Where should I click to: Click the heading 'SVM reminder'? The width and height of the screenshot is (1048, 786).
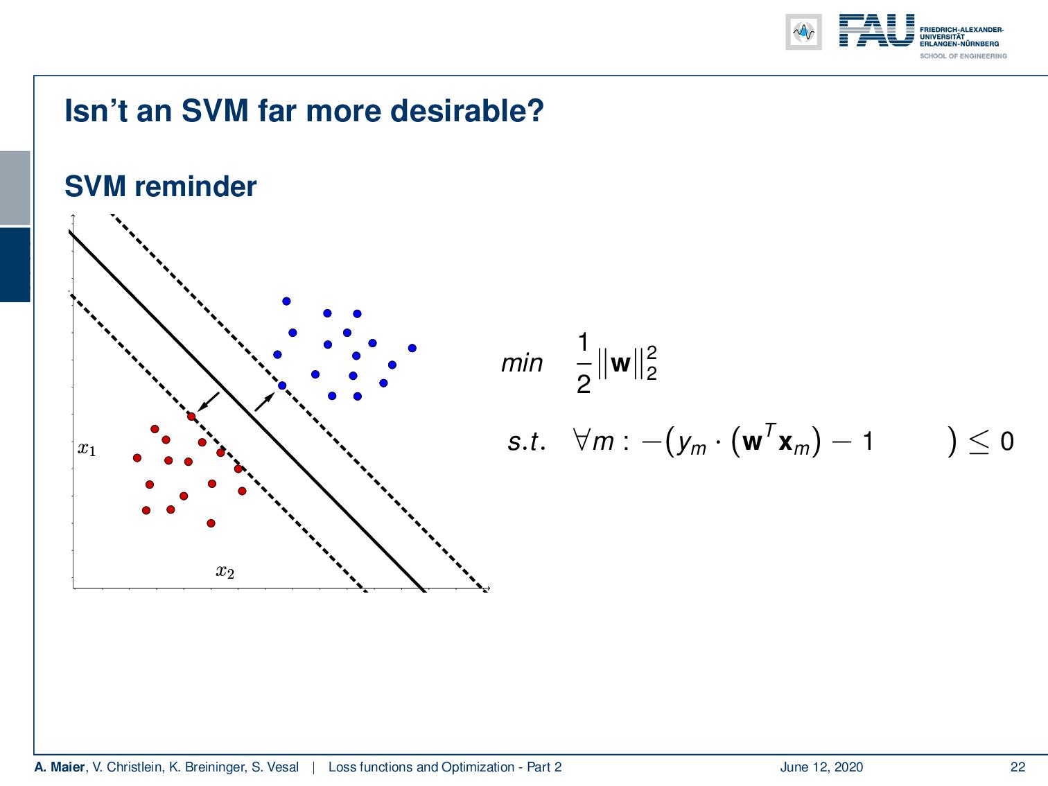point(160,186)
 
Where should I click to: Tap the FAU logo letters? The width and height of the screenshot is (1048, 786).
point(876,31)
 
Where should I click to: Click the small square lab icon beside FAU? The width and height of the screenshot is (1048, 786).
point(803,32)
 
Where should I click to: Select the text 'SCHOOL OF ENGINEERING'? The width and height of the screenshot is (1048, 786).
point(963,56)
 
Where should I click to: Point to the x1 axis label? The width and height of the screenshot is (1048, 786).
point(87,449)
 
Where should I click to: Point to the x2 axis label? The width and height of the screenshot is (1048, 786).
point(225,572)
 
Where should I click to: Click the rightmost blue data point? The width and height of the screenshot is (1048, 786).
point(412,348)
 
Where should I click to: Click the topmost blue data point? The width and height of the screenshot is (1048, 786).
point(286,301)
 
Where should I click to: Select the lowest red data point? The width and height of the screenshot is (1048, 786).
point(211,523)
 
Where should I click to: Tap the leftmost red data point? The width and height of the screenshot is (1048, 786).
point(137,457)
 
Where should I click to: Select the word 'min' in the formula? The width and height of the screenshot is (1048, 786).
point(522,363)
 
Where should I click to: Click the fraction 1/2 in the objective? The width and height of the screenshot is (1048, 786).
point(583,363)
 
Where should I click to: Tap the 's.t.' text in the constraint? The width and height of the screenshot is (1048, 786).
point(526,442)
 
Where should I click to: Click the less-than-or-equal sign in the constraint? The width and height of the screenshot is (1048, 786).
point(978,441)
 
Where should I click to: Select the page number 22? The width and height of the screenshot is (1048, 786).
point(1018,767)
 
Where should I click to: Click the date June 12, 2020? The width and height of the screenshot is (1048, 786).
point(821,767)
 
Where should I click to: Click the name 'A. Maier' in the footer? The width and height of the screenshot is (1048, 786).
point(59,767)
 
